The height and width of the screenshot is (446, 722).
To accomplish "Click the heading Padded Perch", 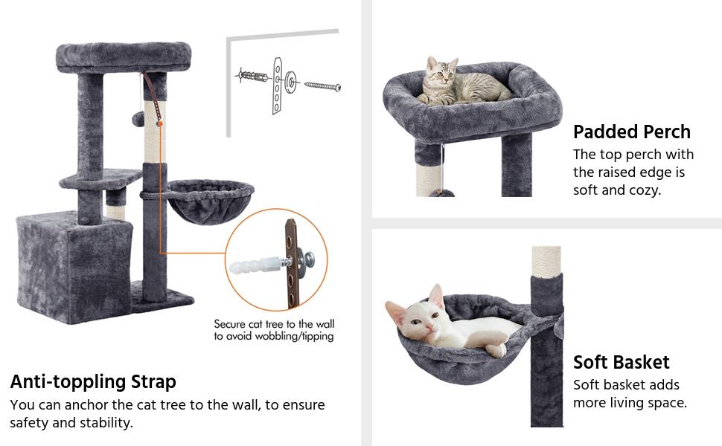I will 632,132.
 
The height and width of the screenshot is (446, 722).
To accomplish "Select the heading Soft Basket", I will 622,363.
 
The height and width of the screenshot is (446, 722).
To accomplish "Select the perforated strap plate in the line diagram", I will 278,85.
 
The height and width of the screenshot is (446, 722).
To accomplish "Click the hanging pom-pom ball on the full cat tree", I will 138,119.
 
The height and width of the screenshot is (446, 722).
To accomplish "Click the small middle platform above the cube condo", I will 100,178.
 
